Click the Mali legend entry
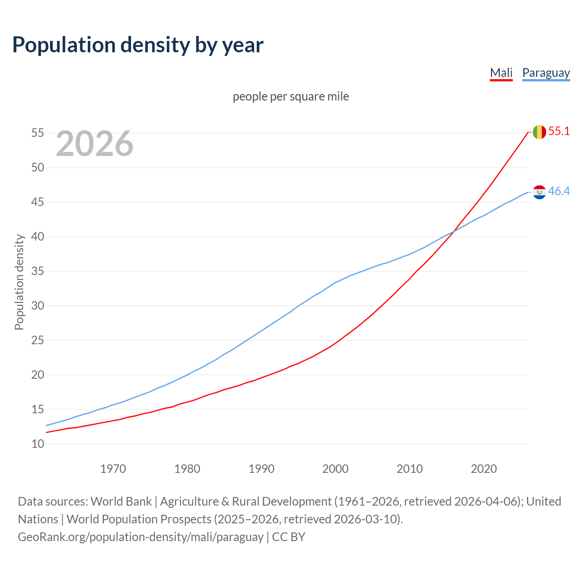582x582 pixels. pos(501,73)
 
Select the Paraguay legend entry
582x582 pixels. pos(546,73)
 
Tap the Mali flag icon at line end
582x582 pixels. pos(539,132)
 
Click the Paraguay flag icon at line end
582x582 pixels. pos(539,192)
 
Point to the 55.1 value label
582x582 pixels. pos(559,131)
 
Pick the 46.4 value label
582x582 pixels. pos(559,191)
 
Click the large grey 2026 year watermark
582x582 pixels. pos(95,144)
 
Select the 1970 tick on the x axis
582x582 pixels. pos(113,469)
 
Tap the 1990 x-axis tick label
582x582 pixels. pos(261,469)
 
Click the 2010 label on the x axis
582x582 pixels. pos(410,469)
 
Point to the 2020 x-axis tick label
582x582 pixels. pos(484,469)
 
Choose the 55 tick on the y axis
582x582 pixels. pos(38,133)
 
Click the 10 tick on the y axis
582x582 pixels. pos(38,444)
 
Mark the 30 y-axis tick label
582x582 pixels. pos(38,306)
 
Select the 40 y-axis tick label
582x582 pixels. pos(38,237)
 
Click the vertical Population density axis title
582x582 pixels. pos(19,282)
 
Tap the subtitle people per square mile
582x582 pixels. pos(291,96)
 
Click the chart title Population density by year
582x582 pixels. pos(138,45)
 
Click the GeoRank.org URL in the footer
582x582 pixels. pos(140,537)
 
